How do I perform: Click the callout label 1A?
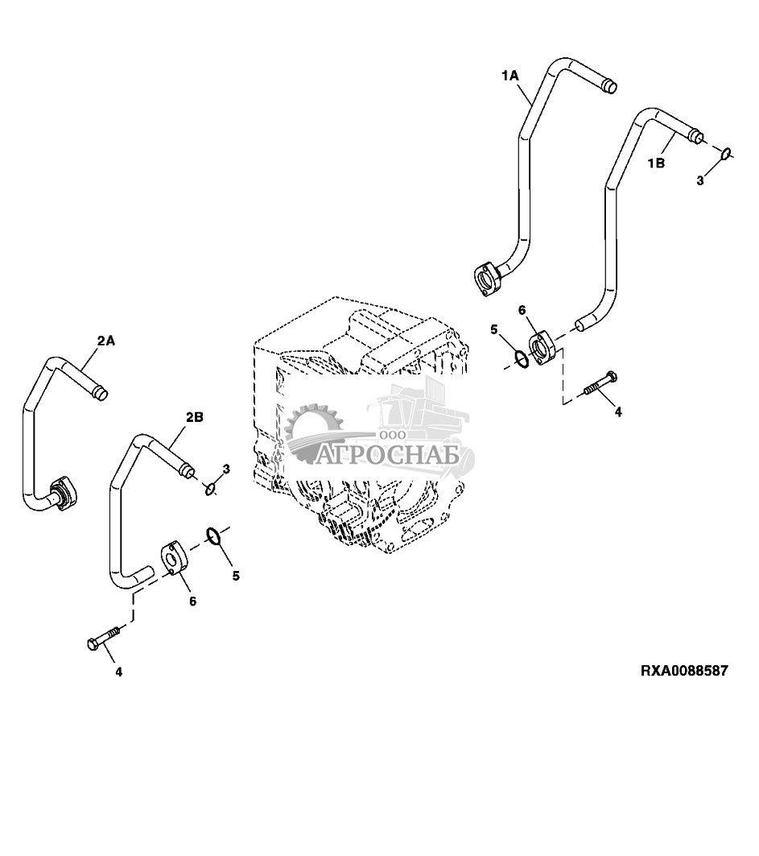coord(510,75)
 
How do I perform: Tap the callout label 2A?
coord(106,341)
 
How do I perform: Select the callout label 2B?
coord(194,417)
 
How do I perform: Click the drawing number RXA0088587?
coord(684,670)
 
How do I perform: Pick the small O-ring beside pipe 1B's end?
coord(725,152)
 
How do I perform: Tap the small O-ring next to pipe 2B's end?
coord(211,487)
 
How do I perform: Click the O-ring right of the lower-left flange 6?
coord(215,535)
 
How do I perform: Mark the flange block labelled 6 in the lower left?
coord(174,558)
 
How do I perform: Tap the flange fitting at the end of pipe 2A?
coord(63,492)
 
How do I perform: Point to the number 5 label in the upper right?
coord(494,329)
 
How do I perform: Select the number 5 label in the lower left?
coord(236,576)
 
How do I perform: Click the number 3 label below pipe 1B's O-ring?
coord(699,181)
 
